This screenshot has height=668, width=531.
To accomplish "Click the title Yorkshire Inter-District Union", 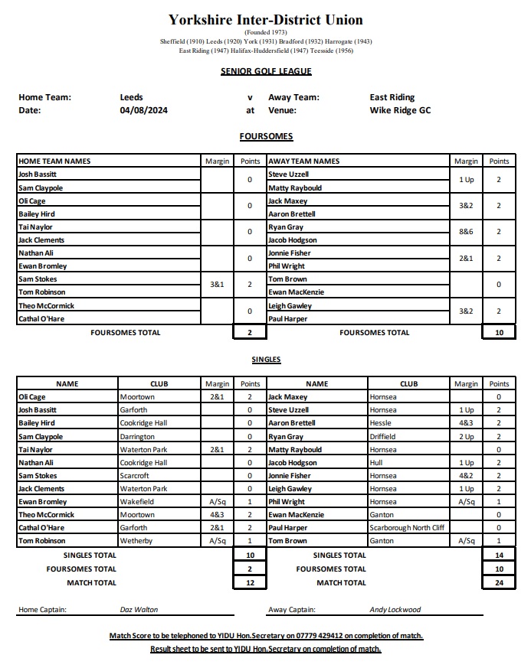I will pyautogui.click(x=266, y=20).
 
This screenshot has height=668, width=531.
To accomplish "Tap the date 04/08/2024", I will pyautogui.click(x=144, y=110).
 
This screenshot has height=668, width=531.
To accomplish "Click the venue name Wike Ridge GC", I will pyautogui.click(x=400, y=110).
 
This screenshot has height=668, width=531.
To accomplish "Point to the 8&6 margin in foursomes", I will pyautogui.click(x=466, y=231).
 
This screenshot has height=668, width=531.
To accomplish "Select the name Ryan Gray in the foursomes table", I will pyautogui.click(x=286, y=227).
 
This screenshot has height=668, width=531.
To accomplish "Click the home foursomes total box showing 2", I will pyautogui.click(x=250, y=333).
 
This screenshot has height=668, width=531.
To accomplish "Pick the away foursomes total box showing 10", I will pyautogui.click(x=499, y=333).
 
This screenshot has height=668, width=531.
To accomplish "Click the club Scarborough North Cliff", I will pyautogui.click(x=406, y=528).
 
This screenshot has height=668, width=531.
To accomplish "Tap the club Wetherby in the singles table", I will pyautogui.click(x=136, y=541).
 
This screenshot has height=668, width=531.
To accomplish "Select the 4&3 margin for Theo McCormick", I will pyautogui.click(x=217, y=515).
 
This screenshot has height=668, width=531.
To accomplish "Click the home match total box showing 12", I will pyautogui.click(x=250, y=583).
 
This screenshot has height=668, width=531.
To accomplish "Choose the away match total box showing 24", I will pyautogui.click(x=499, y=583).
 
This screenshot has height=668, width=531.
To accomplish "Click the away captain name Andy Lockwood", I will pyautogui.click(x=395, y=610).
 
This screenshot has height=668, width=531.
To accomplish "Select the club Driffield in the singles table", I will pyautogui.click(x=385, y=437).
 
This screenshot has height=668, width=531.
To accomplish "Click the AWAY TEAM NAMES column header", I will pyautogui.click(x=304, y=161).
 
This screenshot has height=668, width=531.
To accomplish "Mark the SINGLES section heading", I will pyautogui.click(x=266, y=359).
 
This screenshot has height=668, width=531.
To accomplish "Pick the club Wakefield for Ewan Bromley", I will pyautogui.click(x=138, y=502).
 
